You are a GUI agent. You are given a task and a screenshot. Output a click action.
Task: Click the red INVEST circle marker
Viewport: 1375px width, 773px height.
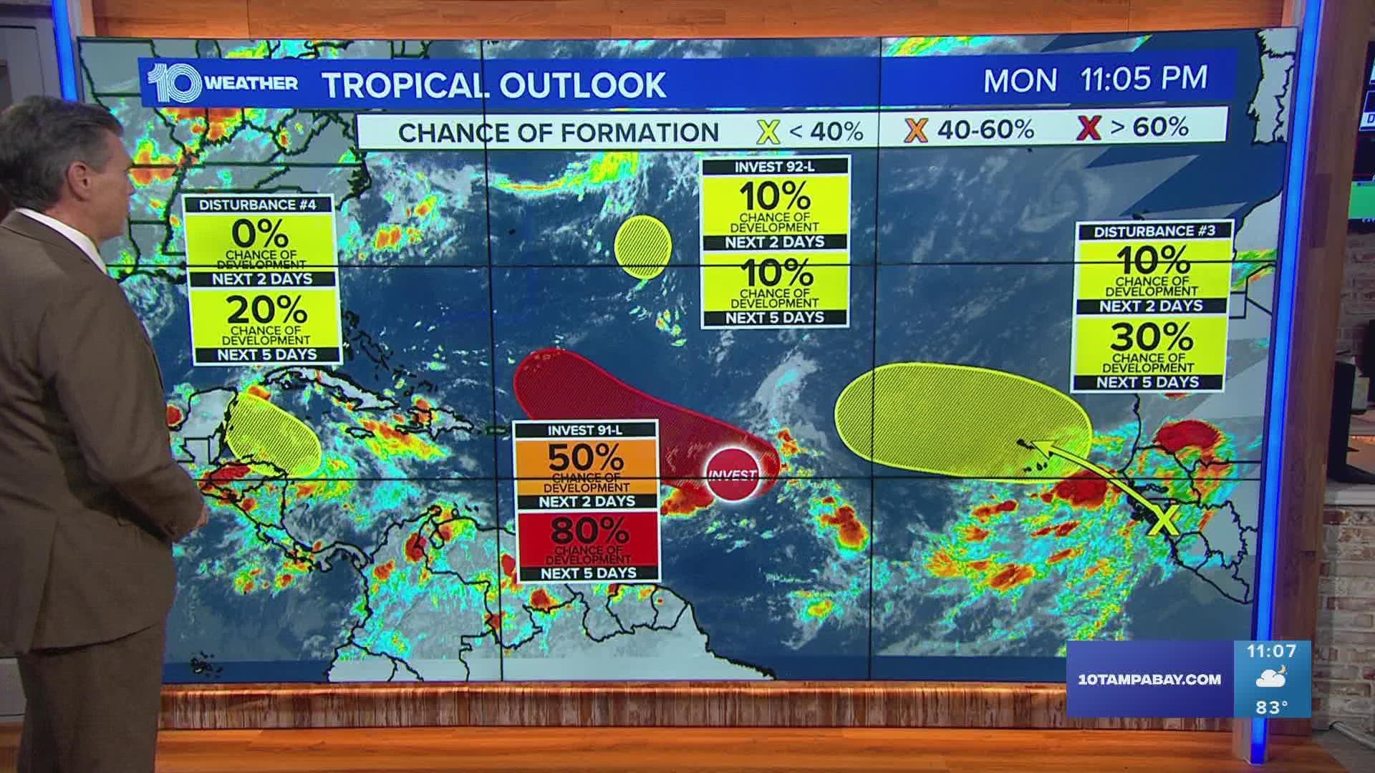coord(732,475)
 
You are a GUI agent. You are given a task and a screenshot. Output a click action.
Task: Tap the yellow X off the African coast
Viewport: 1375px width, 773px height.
coord(1164,521)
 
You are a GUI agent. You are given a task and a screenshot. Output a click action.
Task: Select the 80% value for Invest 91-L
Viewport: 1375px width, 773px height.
coord(589,531)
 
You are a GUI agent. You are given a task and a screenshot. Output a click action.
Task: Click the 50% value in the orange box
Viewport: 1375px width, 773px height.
coord(585,458)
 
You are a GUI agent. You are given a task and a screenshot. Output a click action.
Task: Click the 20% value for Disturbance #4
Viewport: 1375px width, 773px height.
coord(267,310)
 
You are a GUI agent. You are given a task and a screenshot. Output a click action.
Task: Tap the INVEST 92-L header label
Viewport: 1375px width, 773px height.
coord(774,167)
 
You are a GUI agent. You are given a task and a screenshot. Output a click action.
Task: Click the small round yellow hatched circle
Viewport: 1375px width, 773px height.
coord(642,246)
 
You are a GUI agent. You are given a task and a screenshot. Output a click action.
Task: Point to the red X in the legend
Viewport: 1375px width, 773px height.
coord(1089,129)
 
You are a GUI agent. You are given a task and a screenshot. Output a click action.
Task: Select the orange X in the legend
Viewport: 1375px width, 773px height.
coord(916,130)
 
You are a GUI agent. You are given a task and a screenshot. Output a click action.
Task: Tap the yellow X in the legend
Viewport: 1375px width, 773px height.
coord(768,132)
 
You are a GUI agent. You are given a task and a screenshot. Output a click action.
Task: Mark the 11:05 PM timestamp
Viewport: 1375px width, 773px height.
coord(1143,79)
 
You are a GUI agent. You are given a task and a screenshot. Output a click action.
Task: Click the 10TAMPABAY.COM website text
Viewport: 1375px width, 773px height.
coord(1149,679)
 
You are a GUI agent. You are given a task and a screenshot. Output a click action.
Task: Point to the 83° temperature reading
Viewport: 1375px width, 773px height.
coord(1271,707)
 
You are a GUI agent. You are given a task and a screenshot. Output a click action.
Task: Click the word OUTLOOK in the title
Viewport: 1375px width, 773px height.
coord(582,84)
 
